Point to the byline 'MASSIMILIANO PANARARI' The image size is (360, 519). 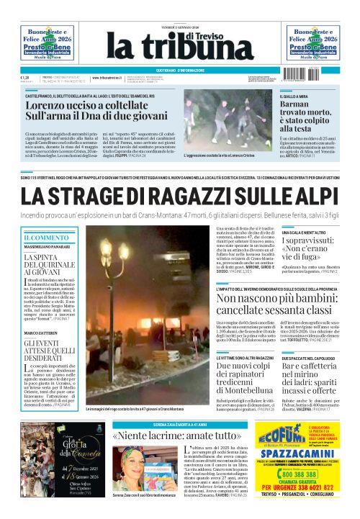48,248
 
